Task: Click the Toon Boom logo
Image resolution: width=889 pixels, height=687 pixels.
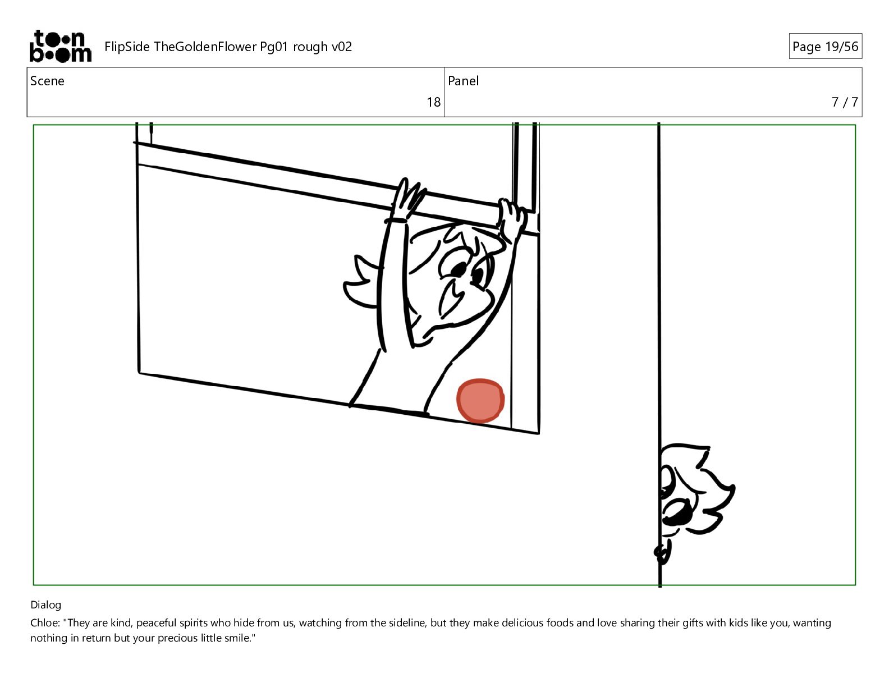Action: (61, 46)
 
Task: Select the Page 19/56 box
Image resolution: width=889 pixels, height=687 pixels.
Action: (825, 46)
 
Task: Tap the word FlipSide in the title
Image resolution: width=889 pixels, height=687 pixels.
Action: (127, 47)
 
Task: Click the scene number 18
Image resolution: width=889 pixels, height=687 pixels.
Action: (434, 102)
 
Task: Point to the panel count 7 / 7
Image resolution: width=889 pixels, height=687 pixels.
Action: (845, 102)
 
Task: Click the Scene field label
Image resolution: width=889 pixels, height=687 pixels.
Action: (47, 81)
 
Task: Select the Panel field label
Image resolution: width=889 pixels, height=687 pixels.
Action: (463, 81)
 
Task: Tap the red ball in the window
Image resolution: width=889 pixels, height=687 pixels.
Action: (480, 400)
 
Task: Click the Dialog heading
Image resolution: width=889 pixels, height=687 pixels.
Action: (46, 605)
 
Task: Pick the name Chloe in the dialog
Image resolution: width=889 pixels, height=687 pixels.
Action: (44, 623)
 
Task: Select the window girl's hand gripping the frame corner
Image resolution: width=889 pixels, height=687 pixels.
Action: (511, 218)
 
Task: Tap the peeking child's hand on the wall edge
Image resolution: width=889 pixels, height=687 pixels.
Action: (663, 552)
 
